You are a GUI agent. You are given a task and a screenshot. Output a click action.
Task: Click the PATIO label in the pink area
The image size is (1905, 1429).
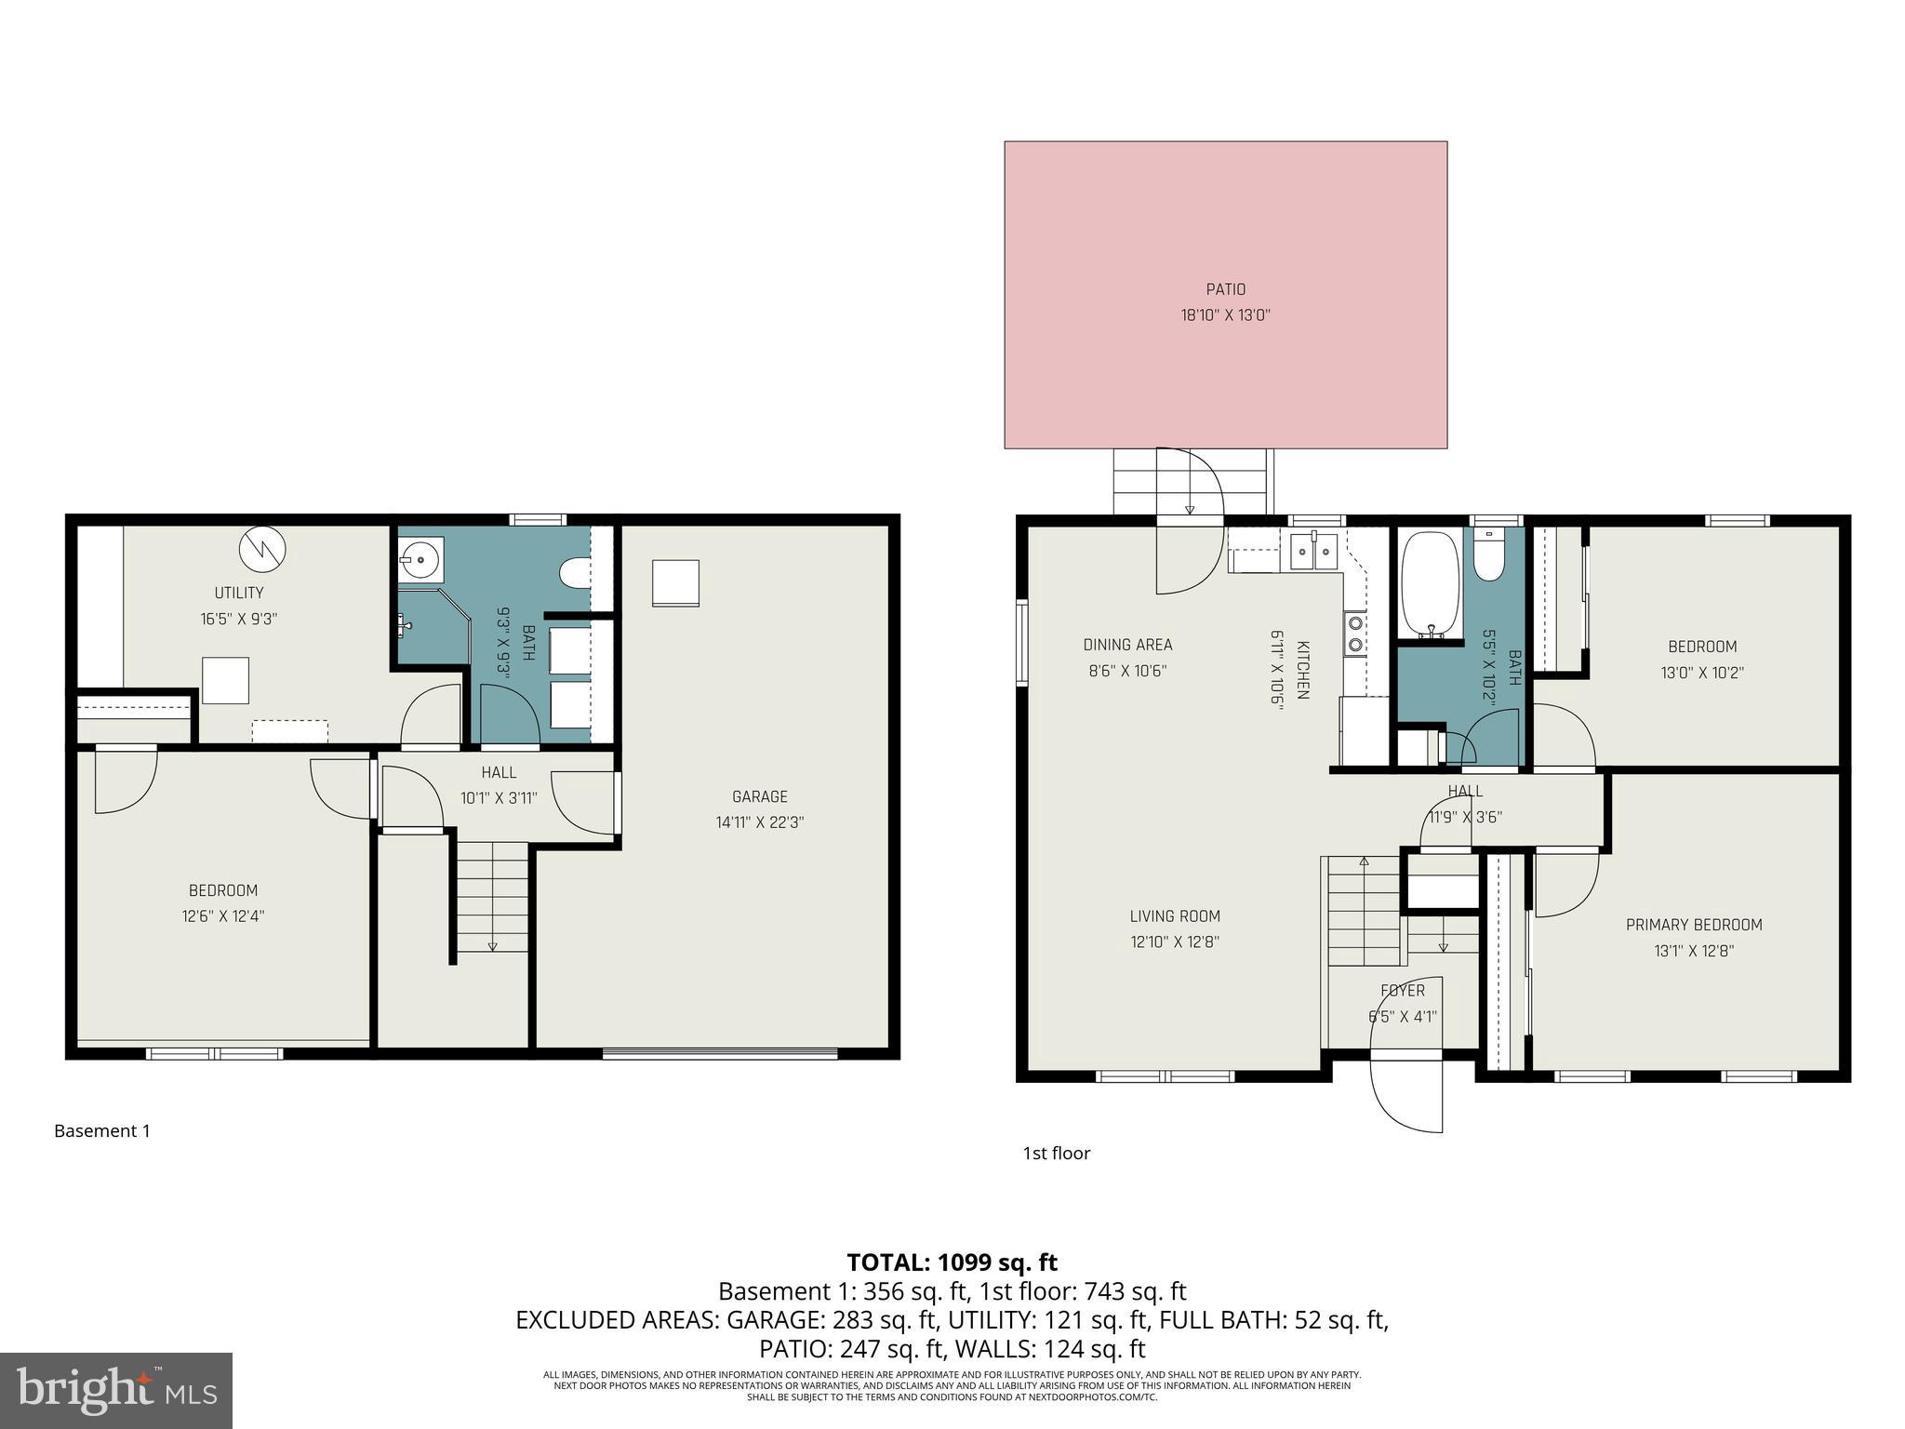click(x=1225, y=289)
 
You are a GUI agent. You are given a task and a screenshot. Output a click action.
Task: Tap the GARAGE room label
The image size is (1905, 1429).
click(x=759, y=796)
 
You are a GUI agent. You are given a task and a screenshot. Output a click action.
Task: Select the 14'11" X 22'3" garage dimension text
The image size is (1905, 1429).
click(x=759, y=822)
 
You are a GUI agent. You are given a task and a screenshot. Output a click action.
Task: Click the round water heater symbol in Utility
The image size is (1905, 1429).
click(x=262, y=549)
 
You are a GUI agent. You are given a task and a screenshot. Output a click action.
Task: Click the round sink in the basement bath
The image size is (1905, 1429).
click(x=420, y=560)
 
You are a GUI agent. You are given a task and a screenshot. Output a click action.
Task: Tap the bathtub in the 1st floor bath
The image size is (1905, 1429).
click(x=1429, y=584)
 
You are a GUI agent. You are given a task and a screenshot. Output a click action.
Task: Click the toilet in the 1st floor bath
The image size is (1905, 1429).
click(x=1488, y=556)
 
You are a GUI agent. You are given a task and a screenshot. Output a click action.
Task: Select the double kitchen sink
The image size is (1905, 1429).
click(x=1313, y=553)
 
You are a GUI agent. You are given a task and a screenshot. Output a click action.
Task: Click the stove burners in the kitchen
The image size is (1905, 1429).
click(x=1355, y=634)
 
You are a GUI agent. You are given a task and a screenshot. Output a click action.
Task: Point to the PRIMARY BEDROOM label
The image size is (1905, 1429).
click(x=1693, y=925)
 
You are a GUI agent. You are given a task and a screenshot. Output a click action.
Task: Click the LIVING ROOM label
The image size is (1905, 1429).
click(x=1174, y=916)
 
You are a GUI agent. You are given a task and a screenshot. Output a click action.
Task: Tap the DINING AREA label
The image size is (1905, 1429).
click(x=1127, y=645)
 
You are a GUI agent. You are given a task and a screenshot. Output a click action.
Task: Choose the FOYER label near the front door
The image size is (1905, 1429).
click(x=1402, y=991)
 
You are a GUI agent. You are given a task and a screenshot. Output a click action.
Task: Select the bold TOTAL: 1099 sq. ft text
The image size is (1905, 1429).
click(x=952, y=1262)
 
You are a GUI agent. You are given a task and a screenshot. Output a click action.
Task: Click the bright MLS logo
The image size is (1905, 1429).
click(x=116, y=1390)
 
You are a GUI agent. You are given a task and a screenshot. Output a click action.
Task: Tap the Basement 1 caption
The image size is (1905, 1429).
click(x=101, y=1131)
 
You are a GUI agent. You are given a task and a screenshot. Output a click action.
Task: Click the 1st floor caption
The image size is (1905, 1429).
click(x=1056, y=1154)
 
